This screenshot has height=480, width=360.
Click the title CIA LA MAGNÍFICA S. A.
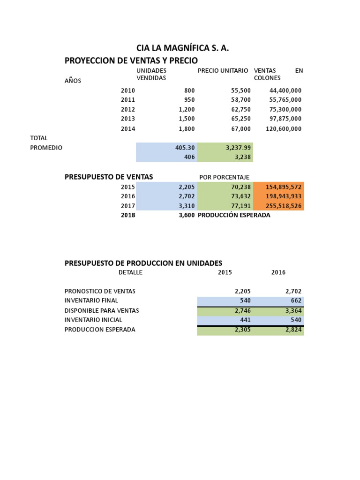coord(182,48)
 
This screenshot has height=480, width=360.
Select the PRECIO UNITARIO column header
coord(223,70)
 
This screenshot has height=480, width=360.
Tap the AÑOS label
coord(73,81)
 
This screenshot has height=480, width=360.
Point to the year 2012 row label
coord(127,109)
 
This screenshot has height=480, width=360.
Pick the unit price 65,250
coord(241,119)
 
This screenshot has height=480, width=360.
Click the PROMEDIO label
coord(46,148)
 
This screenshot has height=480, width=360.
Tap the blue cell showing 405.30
coord(185,148)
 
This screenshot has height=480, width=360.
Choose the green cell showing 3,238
coord(243,157)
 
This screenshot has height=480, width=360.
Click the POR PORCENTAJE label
coord(224,177)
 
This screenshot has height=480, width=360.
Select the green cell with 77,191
coord(241,206)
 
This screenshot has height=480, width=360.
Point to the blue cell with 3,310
coord(187,206)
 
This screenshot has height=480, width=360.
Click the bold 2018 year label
coord(127,215)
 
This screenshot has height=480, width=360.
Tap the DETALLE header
coord(130,272)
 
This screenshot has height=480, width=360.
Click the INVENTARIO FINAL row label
coord(91,300)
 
